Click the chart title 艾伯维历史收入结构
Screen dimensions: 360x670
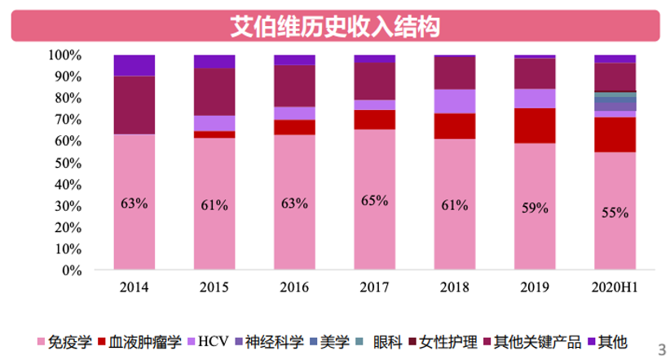click(335, 27)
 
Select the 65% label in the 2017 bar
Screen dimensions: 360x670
click(374, 200)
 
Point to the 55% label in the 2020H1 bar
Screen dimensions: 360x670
click(615, 213)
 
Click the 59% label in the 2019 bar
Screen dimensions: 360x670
click(535, 208)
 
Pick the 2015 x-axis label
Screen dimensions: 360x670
click(214, 288)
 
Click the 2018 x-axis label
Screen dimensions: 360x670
click(454, 288)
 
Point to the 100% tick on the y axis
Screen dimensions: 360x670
click(65, 55)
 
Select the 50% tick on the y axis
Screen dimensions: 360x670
click(68, 163)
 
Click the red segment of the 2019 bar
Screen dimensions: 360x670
click(535, 125)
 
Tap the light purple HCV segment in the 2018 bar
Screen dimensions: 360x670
click(454, 101)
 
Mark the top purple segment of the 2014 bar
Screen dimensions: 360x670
click(134, 65)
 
